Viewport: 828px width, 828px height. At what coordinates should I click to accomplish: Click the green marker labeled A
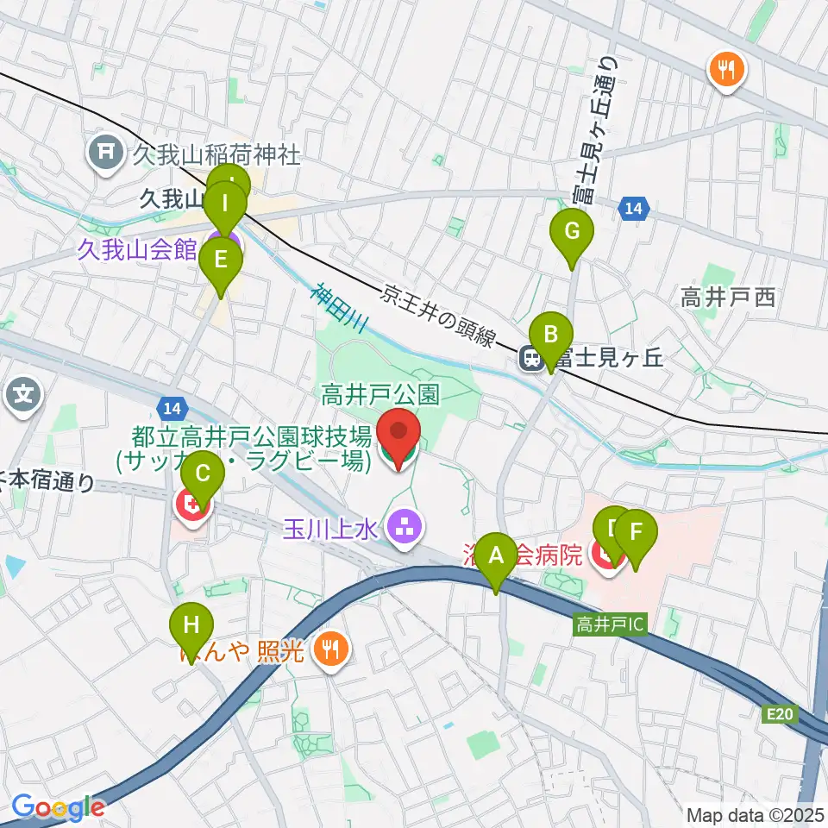(496, 557)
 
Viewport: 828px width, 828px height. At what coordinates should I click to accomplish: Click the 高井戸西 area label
(728, 298)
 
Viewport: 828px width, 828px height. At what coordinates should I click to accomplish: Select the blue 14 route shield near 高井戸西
(633, 208)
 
